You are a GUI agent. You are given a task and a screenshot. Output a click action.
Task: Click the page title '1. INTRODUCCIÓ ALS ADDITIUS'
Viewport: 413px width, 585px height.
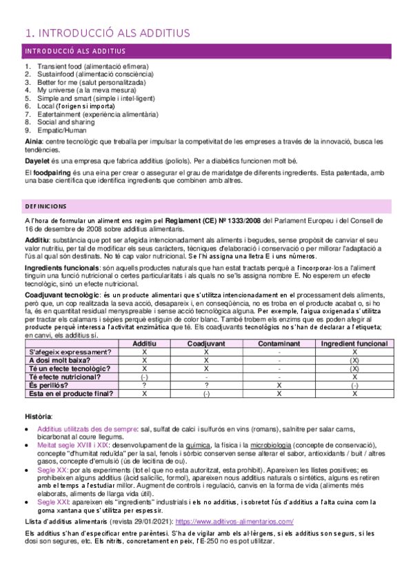(107, 32)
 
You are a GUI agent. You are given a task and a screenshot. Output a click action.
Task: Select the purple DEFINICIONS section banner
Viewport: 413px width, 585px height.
(205, 206)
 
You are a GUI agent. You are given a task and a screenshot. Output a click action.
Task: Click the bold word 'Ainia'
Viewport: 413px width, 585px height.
(33, 141)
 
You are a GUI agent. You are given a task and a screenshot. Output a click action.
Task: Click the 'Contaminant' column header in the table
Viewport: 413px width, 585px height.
(279, 342)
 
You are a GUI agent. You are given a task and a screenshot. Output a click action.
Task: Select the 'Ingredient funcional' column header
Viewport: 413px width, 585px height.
(354, 342)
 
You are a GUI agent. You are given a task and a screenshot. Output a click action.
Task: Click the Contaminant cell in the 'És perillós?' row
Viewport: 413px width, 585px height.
(279, 386)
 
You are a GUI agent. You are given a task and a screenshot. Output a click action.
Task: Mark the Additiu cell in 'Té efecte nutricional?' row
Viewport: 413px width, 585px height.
(144, 377)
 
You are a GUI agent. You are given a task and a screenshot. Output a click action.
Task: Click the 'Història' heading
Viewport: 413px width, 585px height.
(38, 417)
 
